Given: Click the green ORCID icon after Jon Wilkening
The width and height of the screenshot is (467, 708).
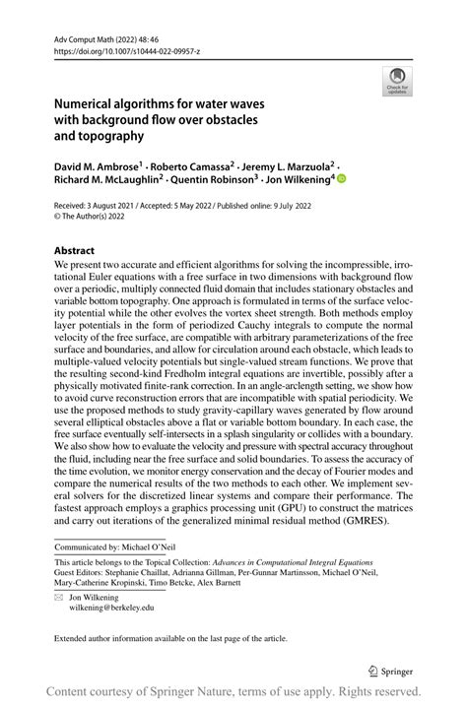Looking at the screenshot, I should (x=342, y=179).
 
